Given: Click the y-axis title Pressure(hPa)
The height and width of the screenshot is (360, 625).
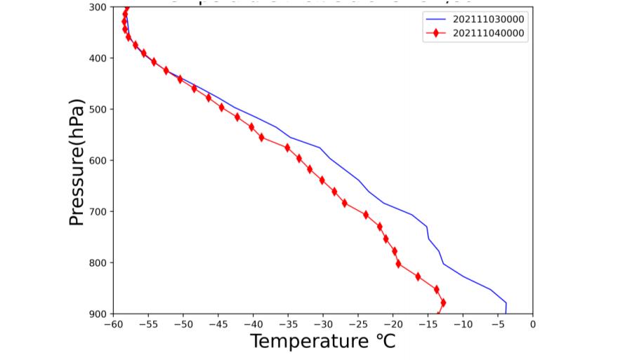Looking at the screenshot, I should [x=77, y=162].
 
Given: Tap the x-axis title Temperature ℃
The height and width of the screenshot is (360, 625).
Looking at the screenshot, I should [x=323, y=342].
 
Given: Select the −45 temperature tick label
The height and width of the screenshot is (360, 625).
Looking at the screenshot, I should [x=218, y=324].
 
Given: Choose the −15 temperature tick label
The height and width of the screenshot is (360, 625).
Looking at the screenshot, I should [x=428, y=324].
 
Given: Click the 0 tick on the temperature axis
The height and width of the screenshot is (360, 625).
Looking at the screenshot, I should [x=533, y=324].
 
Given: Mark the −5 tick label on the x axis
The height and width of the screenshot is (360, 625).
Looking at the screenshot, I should [x=498, y=324].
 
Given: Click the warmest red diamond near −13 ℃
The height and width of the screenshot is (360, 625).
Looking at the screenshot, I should [x=443, y=302].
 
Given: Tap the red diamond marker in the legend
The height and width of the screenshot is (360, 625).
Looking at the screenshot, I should [x=436, y=33].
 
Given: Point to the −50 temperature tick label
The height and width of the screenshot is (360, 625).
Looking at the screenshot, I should [x=183, y=324].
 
